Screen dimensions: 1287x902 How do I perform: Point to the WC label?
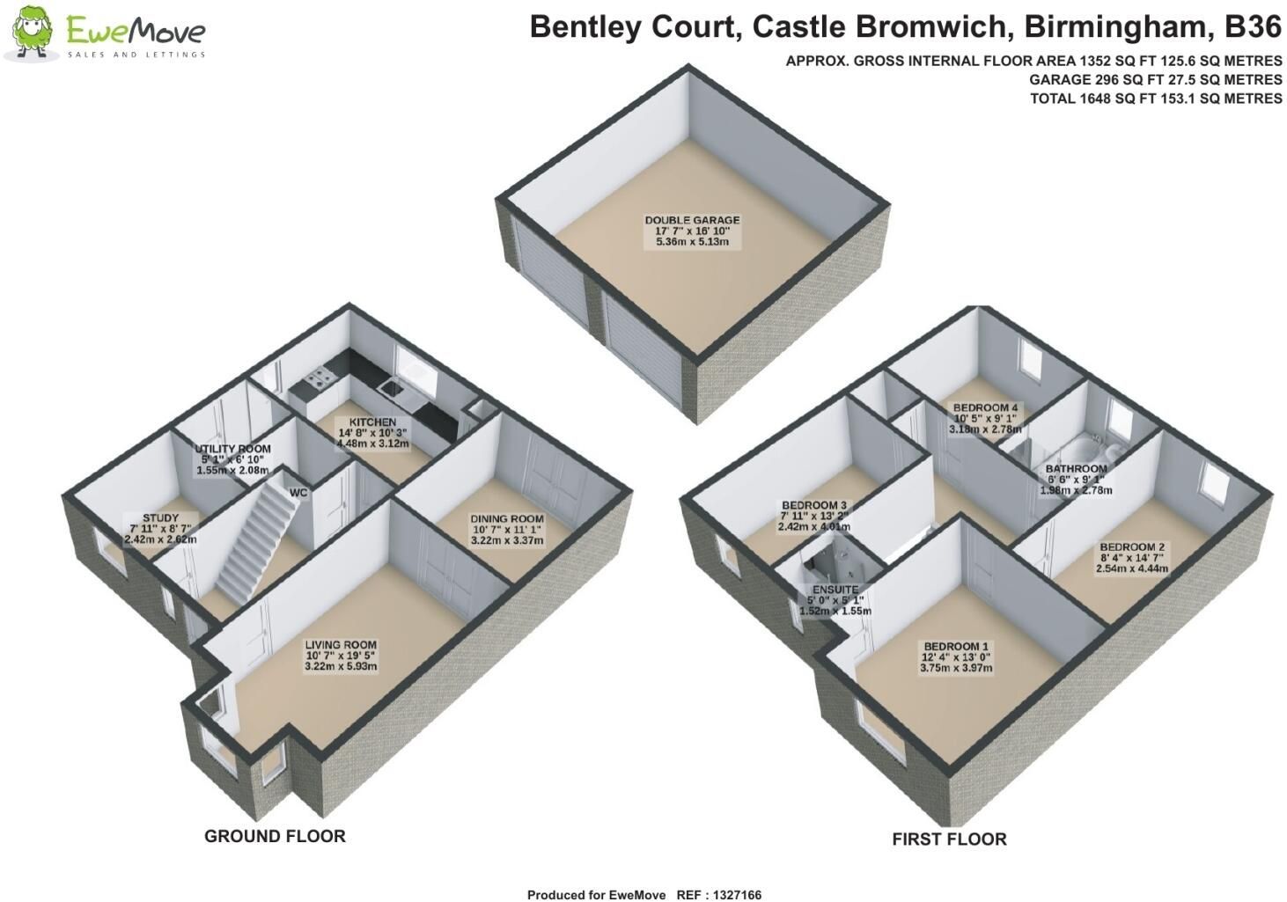[298, 493]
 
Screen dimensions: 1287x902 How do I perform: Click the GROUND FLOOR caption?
[275, 837]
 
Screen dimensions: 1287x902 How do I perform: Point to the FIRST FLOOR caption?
[949, 840]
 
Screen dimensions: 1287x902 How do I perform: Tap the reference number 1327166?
[737, 895]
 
